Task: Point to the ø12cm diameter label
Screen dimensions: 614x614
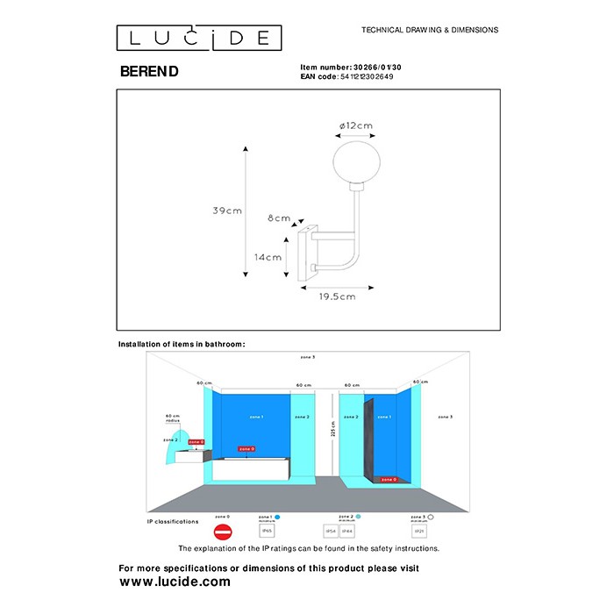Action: click(x=355, y=125)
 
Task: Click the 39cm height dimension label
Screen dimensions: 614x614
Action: click(x=227, y=211)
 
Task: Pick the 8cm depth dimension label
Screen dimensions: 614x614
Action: click(x=279, y=218)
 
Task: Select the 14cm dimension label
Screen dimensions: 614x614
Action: click(x=268, y=257)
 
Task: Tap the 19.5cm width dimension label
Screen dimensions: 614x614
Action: click(x=336, y=296)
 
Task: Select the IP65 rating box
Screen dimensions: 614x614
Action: click(x=267, y=532)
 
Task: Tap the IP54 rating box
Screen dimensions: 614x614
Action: click(x=331, y=532)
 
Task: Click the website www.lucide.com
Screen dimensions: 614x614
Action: click(x=175, y=582)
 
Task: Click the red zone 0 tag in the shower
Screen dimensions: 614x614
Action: click(x=387, y=479)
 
